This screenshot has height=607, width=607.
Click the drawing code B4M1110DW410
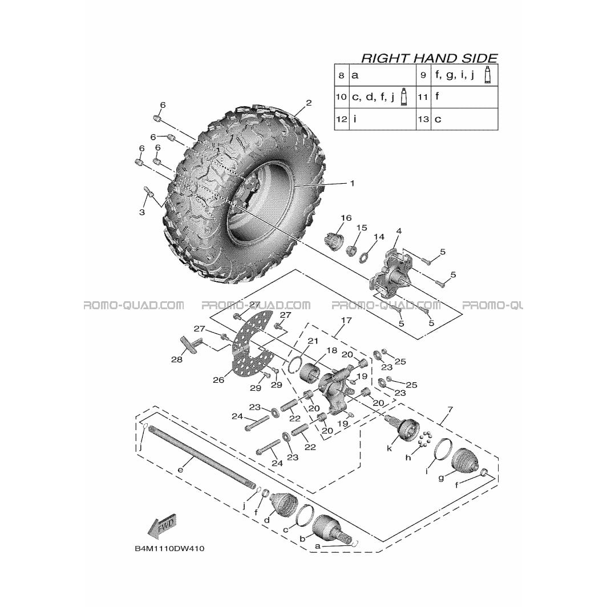169,549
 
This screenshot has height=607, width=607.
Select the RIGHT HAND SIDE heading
429,58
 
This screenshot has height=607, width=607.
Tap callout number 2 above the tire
309,103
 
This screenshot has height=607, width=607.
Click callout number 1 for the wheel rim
352,183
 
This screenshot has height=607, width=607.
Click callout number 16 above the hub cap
346,218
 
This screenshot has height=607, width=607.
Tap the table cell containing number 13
423,119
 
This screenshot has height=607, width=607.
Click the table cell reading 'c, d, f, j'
382,97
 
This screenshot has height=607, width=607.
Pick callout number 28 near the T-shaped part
177,359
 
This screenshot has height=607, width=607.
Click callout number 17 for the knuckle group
346,320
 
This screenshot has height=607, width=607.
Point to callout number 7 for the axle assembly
450,409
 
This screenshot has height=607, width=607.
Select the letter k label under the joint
390,448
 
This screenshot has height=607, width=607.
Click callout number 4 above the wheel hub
399,232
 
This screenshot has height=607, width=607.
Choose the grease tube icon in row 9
488,75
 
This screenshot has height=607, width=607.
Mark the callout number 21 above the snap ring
313,341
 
